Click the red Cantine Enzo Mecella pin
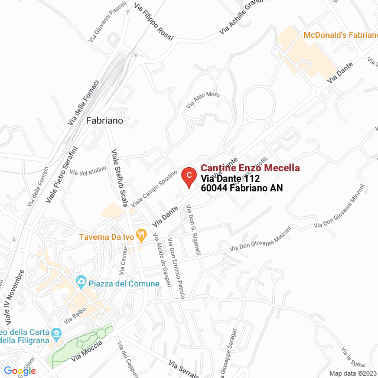[x=188, y=176]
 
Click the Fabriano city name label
[x=105, y=120]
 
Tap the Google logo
[x=20, y=370]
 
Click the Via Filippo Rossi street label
[x=154, y=22]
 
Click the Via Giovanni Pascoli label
[x=108, y=23]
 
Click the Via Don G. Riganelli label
[x=193, y=230]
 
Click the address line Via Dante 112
[x=230, y=178]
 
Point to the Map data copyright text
[x=353, y=373]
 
